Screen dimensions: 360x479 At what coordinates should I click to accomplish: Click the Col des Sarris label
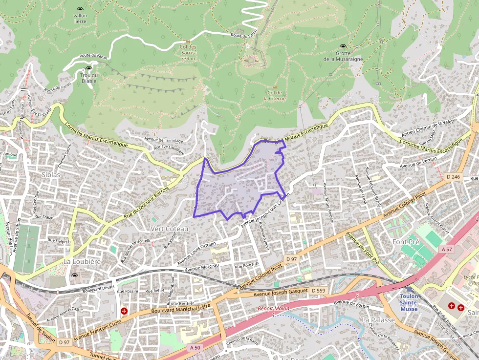click(x=188, y=53)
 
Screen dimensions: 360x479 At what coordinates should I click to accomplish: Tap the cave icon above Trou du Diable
click(x=88, y=69)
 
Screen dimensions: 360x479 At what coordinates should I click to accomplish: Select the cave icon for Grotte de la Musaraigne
click(x=343, y=46)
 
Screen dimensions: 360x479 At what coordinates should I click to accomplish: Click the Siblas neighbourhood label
click(x=51, y=174)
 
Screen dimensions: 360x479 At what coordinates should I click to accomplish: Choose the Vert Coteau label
click(x=170, y=229)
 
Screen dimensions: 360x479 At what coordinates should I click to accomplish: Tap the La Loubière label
click(x=82, y=262)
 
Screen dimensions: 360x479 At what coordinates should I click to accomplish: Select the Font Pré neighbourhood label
click(x=407, y=242)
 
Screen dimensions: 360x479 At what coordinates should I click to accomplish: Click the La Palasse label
click(x=378, y=319)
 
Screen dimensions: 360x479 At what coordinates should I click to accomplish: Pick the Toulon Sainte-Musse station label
click(x=409, y=299)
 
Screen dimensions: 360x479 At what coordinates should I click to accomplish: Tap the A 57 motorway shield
click(x=447, y=249)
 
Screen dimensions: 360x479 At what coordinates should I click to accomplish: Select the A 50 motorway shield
click(x=195, y=347)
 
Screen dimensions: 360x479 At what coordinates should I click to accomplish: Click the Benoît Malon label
click(x=273, y=309)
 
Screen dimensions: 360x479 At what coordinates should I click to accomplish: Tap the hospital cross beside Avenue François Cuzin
click(x=124, y=311)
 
